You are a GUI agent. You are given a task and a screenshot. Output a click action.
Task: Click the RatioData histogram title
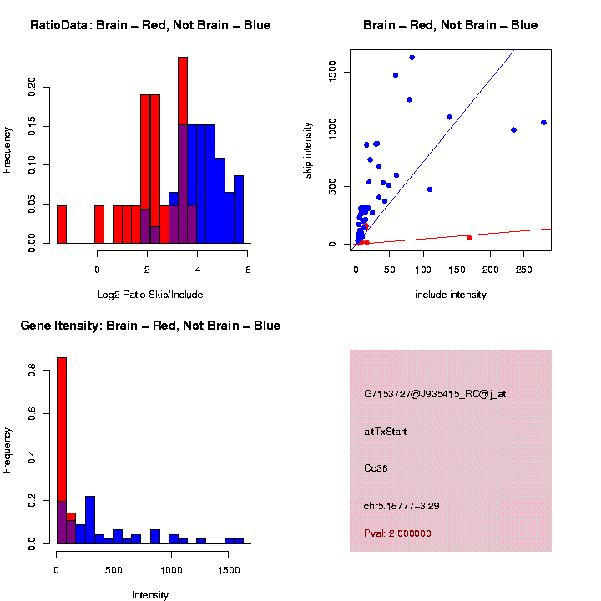point(150,25)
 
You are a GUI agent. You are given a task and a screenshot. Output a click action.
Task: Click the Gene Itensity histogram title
point(150,326)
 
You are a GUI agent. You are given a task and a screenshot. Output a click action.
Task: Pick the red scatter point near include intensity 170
point(469,238)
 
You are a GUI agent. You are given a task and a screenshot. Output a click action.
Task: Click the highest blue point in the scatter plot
point(412,57)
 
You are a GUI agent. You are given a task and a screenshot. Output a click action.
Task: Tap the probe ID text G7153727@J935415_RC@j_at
point(435,394)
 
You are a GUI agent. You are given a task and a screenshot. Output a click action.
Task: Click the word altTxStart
point(386,432)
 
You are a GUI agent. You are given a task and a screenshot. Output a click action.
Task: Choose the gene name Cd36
point(376,468)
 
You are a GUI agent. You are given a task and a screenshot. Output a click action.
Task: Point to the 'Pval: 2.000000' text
point(397,533)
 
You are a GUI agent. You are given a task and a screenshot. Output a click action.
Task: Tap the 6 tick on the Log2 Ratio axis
point(248,269)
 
